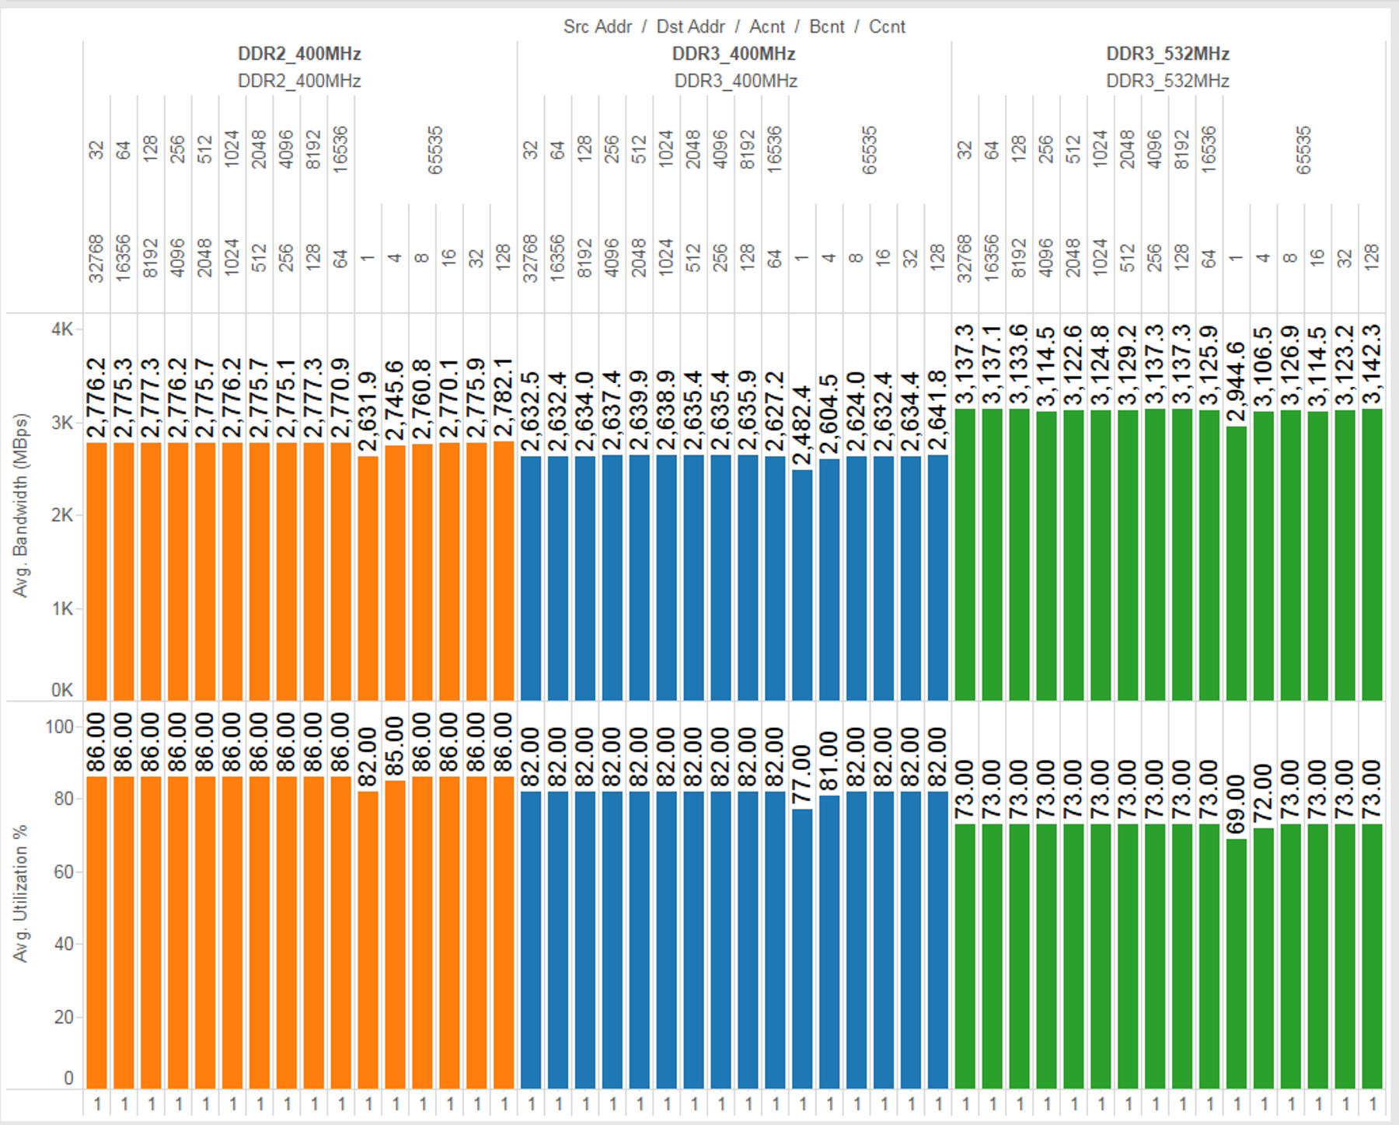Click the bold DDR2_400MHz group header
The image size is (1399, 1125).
pyautogui.click(x=299, y=54)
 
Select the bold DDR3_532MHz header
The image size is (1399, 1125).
pyautogui.click(x=1167, y=54)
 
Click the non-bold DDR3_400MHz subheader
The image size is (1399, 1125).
pyautogui.click(x=735, y=81)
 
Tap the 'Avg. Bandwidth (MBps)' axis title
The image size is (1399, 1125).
pyautogui.click(x=20, y=505)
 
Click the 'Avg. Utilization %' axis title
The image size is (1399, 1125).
pyautogui.click(x=20, y=893)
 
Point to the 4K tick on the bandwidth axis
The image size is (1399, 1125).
pyautogui.click(x=62, y=329)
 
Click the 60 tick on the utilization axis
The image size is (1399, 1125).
pyautogui.click(x=64, y=872)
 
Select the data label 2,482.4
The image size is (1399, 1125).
pyautogui.click(x=803, y=426)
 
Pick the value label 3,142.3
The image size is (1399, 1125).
pyautogui.click(x=1373, y=364)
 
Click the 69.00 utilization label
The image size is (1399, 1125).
pyautogui.click(x=1237, y=805)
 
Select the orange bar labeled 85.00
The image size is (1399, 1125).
pyautogui.click(x=396, y=932)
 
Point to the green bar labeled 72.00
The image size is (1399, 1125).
pyautogui.click(x=1264, y=956)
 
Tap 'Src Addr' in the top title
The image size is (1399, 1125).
pyautogui.click(x=597, y=27)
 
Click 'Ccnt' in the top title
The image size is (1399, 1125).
pyautogui.click(x=887, y=27)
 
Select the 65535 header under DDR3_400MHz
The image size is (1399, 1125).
pyautogui.click(x=869, y=150)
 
